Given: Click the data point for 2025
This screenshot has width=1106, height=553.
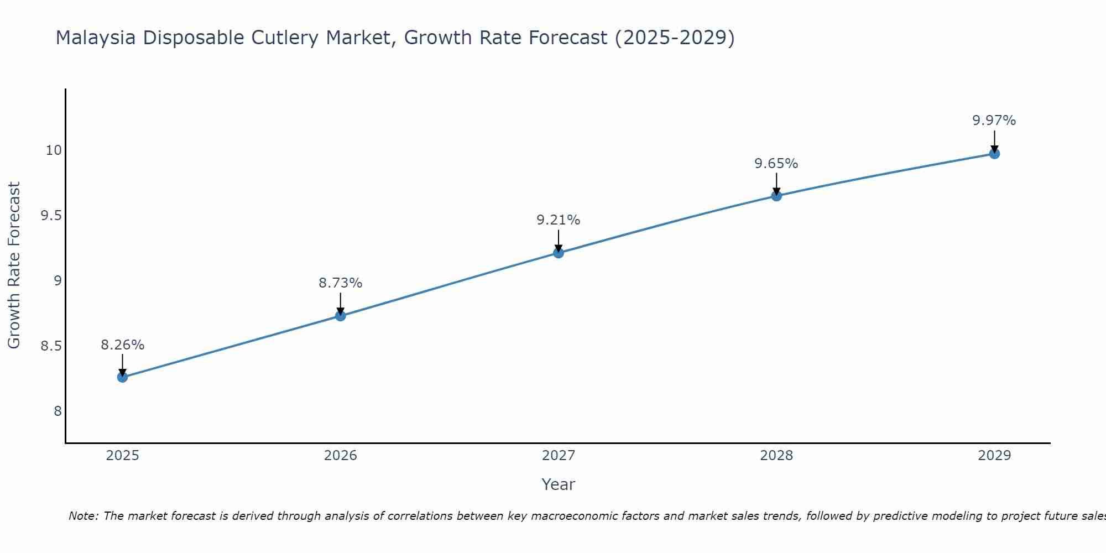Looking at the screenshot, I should pos(122,377).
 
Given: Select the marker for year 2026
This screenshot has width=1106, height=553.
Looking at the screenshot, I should pos(341,316).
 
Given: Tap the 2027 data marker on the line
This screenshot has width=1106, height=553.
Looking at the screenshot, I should pos(559,253).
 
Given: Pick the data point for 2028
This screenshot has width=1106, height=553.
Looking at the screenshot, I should pos(776,196).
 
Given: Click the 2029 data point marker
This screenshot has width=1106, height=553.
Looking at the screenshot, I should pos(994,154).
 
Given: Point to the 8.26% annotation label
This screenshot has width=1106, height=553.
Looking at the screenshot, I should pos(122,345).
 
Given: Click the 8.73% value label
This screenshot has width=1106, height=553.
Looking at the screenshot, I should pos(341,283).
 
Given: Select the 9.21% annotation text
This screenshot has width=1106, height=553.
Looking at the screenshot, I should pos(559,220).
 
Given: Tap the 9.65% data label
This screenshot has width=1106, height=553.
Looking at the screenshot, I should pos(776,164).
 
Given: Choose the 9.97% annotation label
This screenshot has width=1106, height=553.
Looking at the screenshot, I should pos(994,121).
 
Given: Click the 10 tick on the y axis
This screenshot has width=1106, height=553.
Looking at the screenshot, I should pos(54,150).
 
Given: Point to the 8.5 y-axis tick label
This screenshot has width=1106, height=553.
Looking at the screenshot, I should pos(51,347).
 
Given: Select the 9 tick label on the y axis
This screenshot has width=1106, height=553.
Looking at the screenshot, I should pos(58,281).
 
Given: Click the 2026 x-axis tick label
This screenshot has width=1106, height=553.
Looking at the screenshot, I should pos(341,456).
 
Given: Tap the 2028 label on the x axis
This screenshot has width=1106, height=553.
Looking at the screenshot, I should pos(776,456).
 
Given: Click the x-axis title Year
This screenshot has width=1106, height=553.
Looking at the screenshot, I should pos(559,484).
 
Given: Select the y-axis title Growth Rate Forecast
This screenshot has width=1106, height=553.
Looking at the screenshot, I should pos(14,265).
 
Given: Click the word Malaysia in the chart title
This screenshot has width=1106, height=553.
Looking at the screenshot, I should pos(96,38).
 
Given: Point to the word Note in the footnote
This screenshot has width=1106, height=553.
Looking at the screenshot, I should pos(83,516).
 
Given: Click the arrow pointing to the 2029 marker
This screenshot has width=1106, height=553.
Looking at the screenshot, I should pos(994,142).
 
